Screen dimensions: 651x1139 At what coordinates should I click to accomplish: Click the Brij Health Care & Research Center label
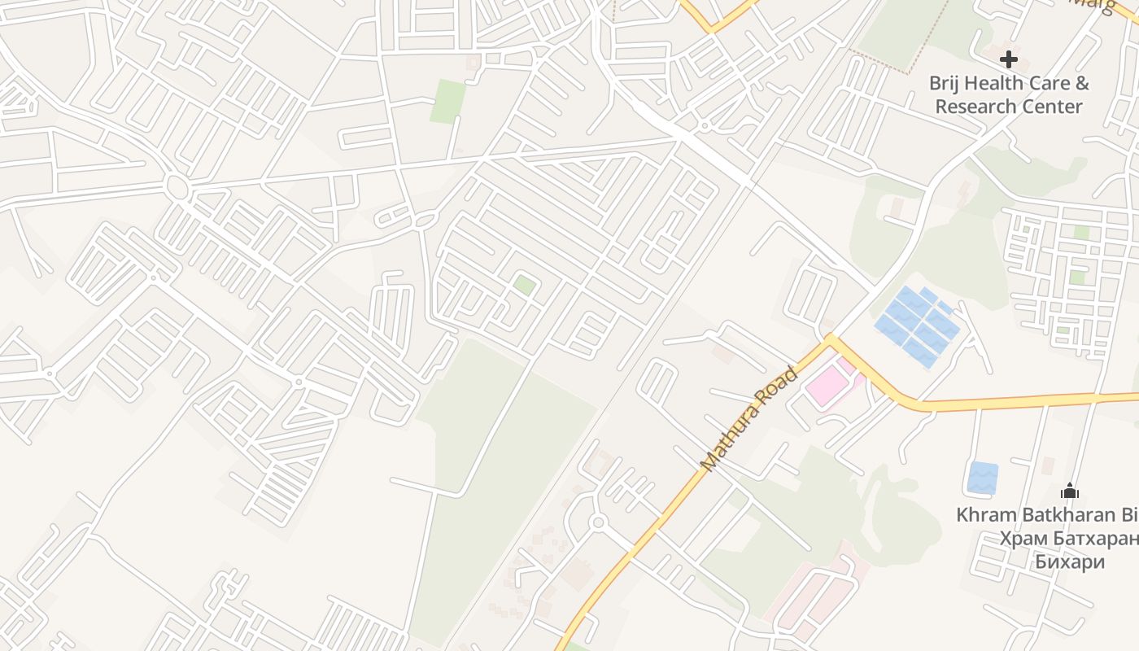coord(1009,94)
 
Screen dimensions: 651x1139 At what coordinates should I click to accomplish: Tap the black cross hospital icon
coord(1009,59)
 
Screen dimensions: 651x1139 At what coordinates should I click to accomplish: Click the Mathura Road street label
coord(748,419)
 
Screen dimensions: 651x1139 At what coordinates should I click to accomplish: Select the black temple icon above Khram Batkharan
coord(1070,491)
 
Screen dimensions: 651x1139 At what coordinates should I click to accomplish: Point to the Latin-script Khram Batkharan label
coord(1045,515)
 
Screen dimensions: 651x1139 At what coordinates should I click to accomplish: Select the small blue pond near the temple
coord(983,478)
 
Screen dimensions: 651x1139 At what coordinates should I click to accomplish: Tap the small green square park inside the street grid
coord(525,285)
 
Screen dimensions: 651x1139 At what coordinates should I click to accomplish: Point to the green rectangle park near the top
coord(447,102)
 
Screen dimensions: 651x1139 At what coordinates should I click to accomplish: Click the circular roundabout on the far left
coord(176,188)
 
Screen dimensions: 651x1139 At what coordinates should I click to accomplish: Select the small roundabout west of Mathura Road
coord(598,522)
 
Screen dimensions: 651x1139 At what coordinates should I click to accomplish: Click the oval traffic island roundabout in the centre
coord(424,220)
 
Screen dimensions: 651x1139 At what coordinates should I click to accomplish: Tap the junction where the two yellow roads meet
coord(831,339)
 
